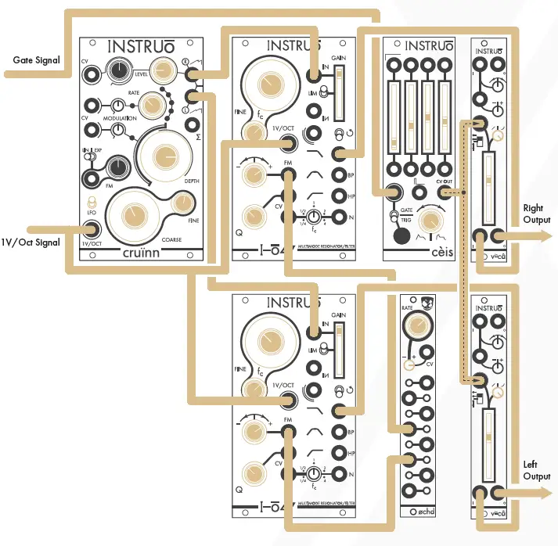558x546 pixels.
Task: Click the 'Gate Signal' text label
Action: coord(37,59)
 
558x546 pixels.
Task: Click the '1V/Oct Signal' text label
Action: coord(31,242)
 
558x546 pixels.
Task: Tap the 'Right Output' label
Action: coord(536,214)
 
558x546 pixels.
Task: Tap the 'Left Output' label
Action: coord(536,470)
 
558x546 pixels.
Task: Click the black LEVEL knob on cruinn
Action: coord(119,73)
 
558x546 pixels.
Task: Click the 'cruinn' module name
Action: coord(148,252)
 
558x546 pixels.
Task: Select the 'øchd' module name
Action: coord(425,512)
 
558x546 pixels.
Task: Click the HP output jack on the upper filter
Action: coord(339,195)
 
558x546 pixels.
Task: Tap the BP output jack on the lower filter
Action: coord(339,431)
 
